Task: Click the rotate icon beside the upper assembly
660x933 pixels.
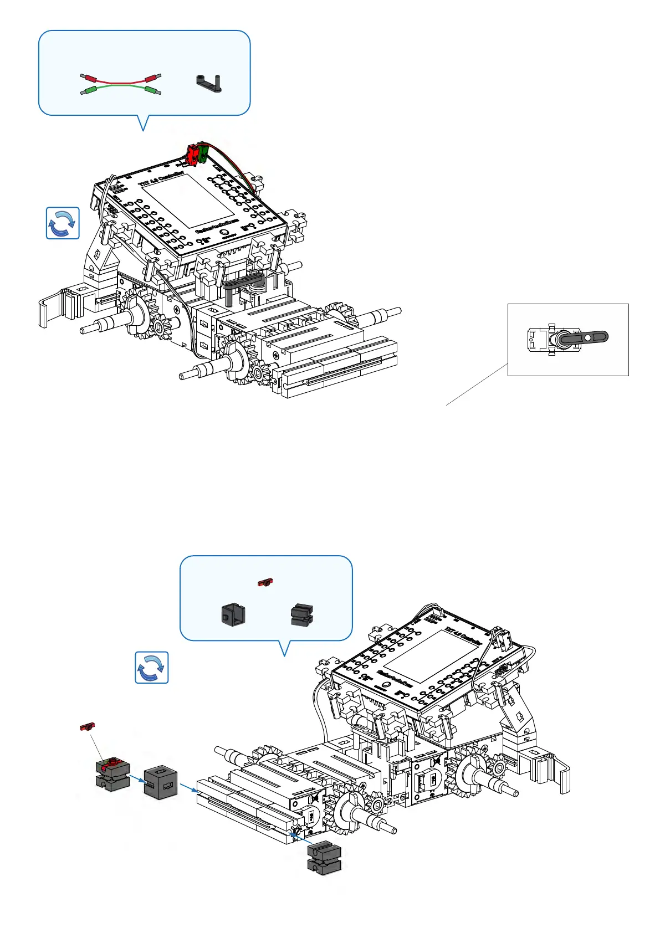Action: click(x=63, y=223)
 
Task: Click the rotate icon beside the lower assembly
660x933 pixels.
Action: click(x=152, y=667)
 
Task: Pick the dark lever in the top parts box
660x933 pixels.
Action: click(x=209, y=83)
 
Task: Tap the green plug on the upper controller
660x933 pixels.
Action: click(x=202, y=152)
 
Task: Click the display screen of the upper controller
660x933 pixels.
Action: click(x=188, y=200)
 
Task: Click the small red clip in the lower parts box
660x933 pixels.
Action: click(x=265, y=582)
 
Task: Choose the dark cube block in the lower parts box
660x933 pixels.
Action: click(x=233, y=614)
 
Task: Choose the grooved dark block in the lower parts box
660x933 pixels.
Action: click(x=302, y=614)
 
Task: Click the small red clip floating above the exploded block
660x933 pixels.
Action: click(x=88, y=726)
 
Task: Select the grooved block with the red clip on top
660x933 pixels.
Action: click(x=112, y=774)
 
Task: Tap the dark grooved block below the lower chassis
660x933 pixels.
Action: click(x=324, y=858)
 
